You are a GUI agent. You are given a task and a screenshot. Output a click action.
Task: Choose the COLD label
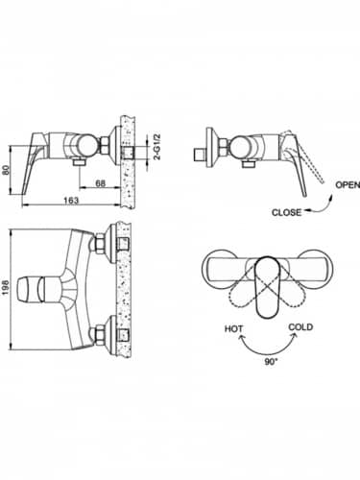tap(300, 329)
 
